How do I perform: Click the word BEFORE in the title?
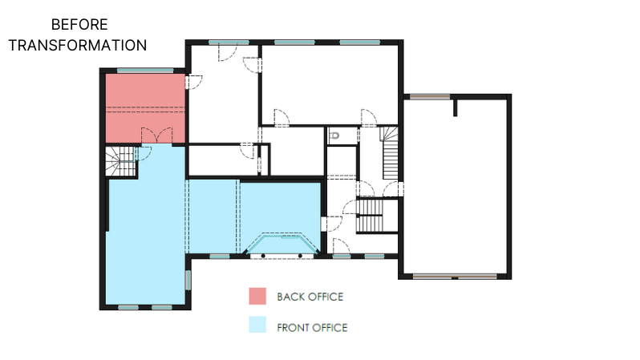click(79, 25)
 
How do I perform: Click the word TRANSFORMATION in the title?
click(78, 46)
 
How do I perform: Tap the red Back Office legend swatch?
click(257, 296)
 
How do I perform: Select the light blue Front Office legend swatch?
click(257, 325)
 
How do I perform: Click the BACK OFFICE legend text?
click(310, 297)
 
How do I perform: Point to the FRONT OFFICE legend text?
click(312, 328)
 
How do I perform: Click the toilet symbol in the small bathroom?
click(334, 136)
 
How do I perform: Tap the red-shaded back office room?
click(145, 108)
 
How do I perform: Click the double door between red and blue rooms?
click(156, 136)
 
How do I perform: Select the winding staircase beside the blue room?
click(121, 161)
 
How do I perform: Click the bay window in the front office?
click(282, 244)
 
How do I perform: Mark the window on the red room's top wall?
click(145, 71)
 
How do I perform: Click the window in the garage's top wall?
click(430, 97)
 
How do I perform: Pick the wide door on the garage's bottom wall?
click(455, 277)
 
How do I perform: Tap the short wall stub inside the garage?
click(455, 107)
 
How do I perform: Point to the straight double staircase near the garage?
click(371, 216)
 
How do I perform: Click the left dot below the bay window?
click(263, 256)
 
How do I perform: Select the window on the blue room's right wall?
click(188, 280)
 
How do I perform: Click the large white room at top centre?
click(330, 84)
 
